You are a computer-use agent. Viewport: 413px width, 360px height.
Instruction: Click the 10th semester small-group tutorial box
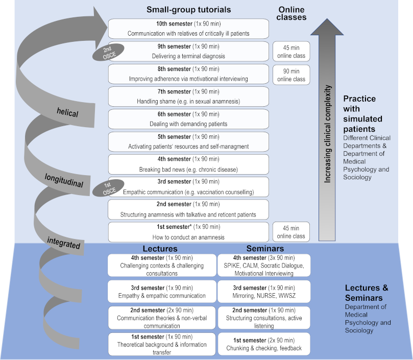click(x=188, y=29)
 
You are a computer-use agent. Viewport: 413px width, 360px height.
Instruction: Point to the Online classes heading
click(x=292, y=13)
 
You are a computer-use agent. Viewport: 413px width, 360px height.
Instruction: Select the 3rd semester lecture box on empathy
click(x=162, y=291)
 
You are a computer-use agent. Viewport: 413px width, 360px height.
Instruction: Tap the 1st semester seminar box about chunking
click(x=263, y=344)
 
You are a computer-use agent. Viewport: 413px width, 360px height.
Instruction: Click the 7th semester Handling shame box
click(x=188, y=97)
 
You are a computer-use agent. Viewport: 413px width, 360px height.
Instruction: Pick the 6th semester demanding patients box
click(x=188, y=119)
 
